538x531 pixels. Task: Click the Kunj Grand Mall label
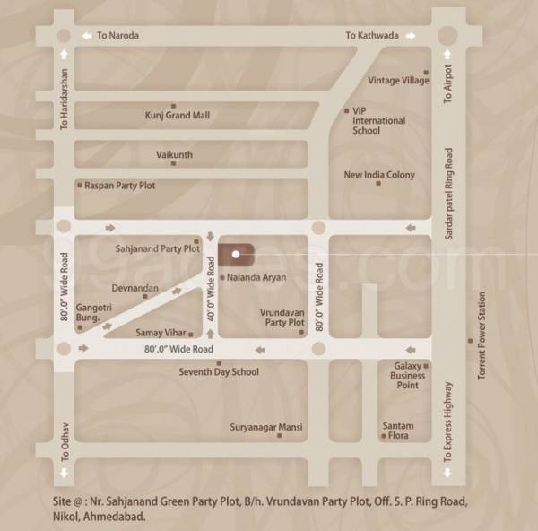tap(177, 115)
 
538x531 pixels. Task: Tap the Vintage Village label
tap(399, 80)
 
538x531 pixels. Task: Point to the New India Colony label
tap(379, 175)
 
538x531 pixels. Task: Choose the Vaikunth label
tap(174, 154)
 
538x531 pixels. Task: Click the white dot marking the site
tap(235, 254)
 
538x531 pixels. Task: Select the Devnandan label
tap(135, 288)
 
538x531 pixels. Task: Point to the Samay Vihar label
tap(161, 332)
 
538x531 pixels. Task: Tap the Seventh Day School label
tap(219, 371)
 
